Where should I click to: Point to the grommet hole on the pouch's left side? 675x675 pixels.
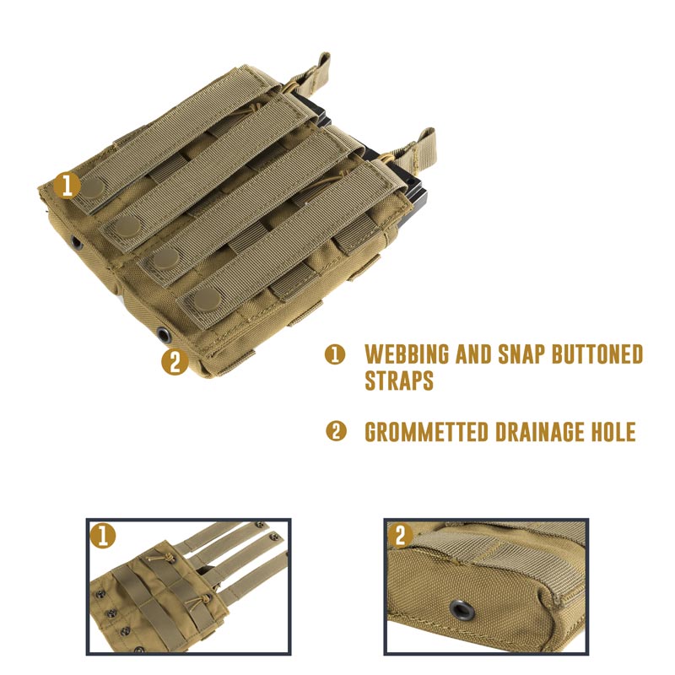click(x=76, y=243)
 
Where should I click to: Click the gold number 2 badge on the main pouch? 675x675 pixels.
click(x=174, y=363)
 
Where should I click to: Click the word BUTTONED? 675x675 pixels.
click(x=597, y=354)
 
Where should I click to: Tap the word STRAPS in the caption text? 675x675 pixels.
click(x=399, y=381)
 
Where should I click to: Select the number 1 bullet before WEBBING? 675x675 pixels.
click(x=336, y=355)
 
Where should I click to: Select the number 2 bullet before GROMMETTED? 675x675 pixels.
click(x=336, y=433)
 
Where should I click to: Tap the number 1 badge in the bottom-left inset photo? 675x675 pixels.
click(x=102, y=536)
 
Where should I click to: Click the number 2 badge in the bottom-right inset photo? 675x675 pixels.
click(x=400, y=536)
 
